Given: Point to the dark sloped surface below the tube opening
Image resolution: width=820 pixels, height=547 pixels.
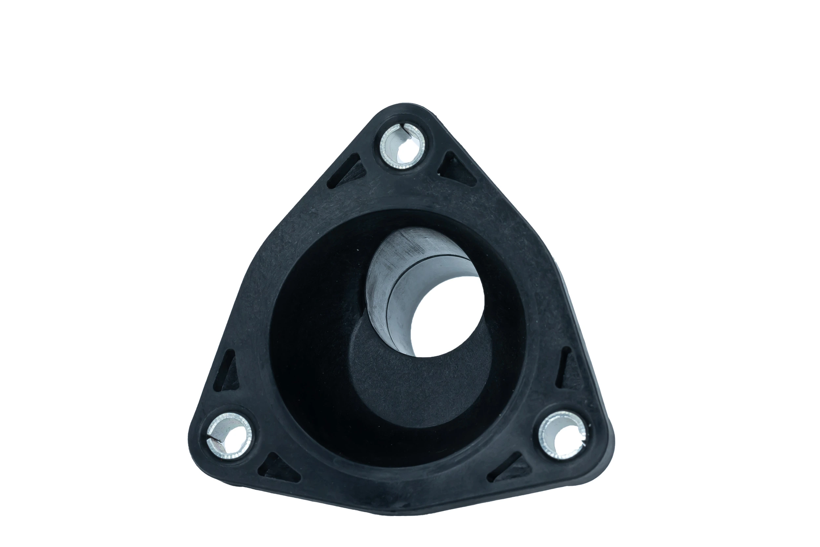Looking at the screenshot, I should click(418, 387).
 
